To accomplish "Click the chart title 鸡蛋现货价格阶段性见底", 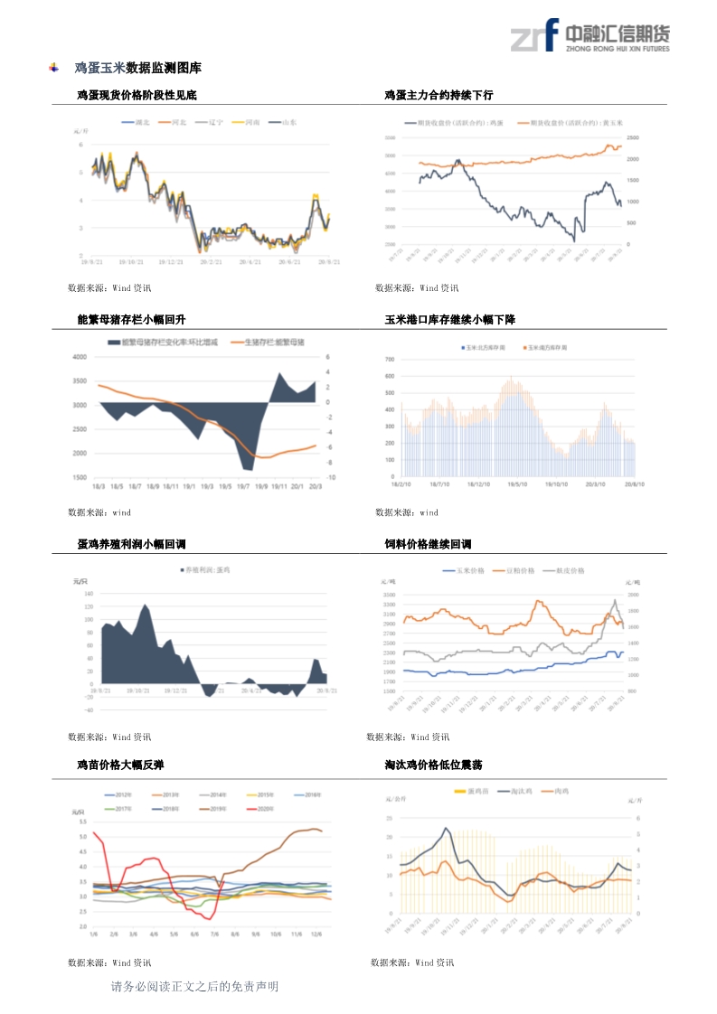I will pos(137,95).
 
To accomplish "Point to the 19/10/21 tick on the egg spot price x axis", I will pos(131,262).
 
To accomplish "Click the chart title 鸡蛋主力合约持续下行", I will pos(439,95).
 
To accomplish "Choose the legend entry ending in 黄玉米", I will pos(580,122).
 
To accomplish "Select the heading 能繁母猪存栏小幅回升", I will pos(132,320).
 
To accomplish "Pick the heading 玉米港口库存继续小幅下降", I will pos(449,320).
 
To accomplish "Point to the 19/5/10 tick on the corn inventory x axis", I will pos(516,484).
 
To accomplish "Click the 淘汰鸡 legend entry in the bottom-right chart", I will pos(519,792).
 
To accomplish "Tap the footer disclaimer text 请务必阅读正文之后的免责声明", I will pos(193,987).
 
